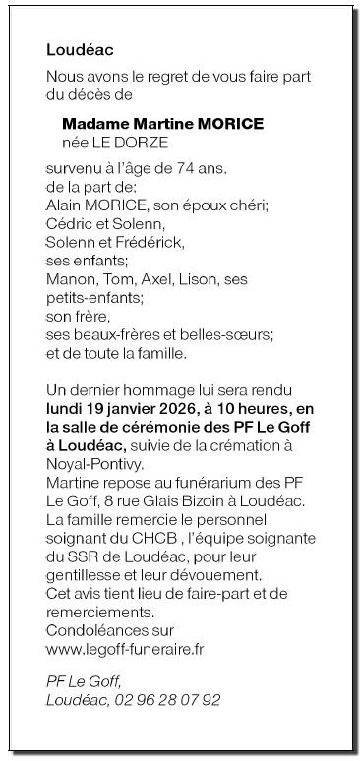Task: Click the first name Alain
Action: [x=65, y=205]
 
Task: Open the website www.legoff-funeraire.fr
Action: [x=127, y=650]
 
